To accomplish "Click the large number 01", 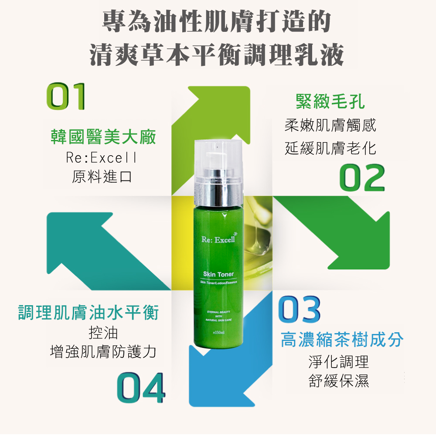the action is pos(66,96).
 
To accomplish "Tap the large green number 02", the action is pos(362,177).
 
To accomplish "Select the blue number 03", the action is pos(299,309).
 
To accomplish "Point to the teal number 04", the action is pos(141,388).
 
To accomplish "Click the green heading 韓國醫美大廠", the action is pos(103,137).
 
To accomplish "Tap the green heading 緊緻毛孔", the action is pos(330,101).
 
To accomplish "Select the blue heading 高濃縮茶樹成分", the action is pos(342,340).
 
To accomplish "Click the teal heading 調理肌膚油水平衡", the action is pos(88,313).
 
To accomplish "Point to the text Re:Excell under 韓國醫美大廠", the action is pos(101,158).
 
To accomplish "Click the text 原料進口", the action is pos(102,177).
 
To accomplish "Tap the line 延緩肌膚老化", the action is pos(330,148).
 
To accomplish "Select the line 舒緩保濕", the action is pos(339,381).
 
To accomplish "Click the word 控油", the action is pos(103,333).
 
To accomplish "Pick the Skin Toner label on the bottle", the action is pos(218,274).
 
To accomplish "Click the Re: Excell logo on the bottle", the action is pos(219,238).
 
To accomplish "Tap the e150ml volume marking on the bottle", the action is pos(218,332).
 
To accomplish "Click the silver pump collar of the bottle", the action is pos(218,187).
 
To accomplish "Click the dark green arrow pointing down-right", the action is pos(331,232).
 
